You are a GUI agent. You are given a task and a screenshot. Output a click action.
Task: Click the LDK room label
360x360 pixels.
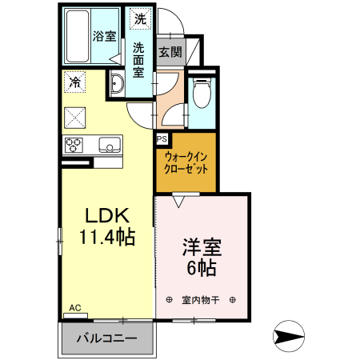pos(106,217)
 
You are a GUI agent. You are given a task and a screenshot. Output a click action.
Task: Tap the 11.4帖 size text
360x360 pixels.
pos(106,236)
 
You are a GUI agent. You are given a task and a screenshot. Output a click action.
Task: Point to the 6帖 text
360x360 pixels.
pos(202,268)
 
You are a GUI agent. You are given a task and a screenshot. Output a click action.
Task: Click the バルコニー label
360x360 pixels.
pos(106,338)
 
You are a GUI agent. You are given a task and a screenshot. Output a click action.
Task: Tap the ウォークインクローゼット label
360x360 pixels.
pos(186,163)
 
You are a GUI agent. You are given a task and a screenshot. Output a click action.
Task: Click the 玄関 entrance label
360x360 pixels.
pos(170,53)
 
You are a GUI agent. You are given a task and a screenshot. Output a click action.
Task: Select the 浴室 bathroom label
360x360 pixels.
pos(104,35)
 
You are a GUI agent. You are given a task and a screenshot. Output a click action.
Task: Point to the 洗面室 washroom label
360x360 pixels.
pos(139,59)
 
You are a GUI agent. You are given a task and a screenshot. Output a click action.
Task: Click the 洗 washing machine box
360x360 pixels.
pos(141,18)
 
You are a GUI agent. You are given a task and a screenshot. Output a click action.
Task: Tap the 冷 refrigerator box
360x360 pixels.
pos(74,82)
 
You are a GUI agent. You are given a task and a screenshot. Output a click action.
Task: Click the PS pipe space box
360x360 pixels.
pos(162,138)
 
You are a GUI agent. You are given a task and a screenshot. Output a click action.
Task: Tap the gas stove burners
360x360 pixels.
pos(74,145)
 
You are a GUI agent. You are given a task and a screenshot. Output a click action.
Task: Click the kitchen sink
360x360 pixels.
pos(109,145)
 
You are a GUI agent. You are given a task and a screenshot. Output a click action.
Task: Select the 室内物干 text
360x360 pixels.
pos(201,300)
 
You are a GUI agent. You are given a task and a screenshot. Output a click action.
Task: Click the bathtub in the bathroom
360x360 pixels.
pos(76,35)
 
